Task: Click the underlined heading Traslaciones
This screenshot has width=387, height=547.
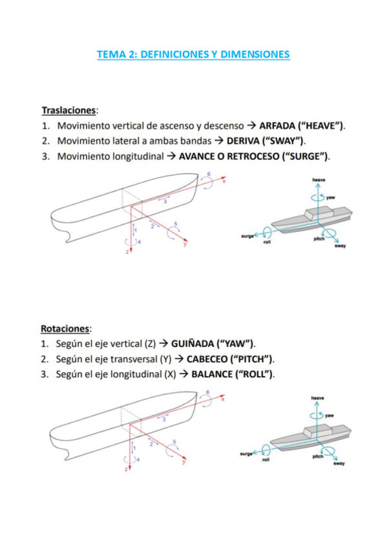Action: [x=68, y=110]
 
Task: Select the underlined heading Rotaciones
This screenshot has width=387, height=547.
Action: [x=65, y=328]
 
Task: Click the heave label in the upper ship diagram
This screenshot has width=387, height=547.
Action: [x=319, y=180]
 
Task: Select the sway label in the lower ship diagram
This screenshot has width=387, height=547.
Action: [x=339, y=464]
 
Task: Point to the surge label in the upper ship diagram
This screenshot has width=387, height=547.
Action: [x=247, y=237]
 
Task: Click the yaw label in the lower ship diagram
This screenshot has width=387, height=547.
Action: [x=329, y=415]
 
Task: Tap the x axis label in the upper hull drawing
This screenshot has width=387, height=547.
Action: [x=224, y=181]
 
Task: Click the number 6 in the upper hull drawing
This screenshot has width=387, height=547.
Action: [x=209, y=174]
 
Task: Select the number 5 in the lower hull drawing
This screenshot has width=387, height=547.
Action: [x=174, y=442]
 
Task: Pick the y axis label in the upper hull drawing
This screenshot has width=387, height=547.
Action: [x=185, y=244]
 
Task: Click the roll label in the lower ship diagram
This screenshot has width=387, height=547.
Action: [x=266, y=460]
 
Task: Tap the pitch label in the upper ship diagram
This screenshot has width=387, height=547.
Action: [x=319, y=239]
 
